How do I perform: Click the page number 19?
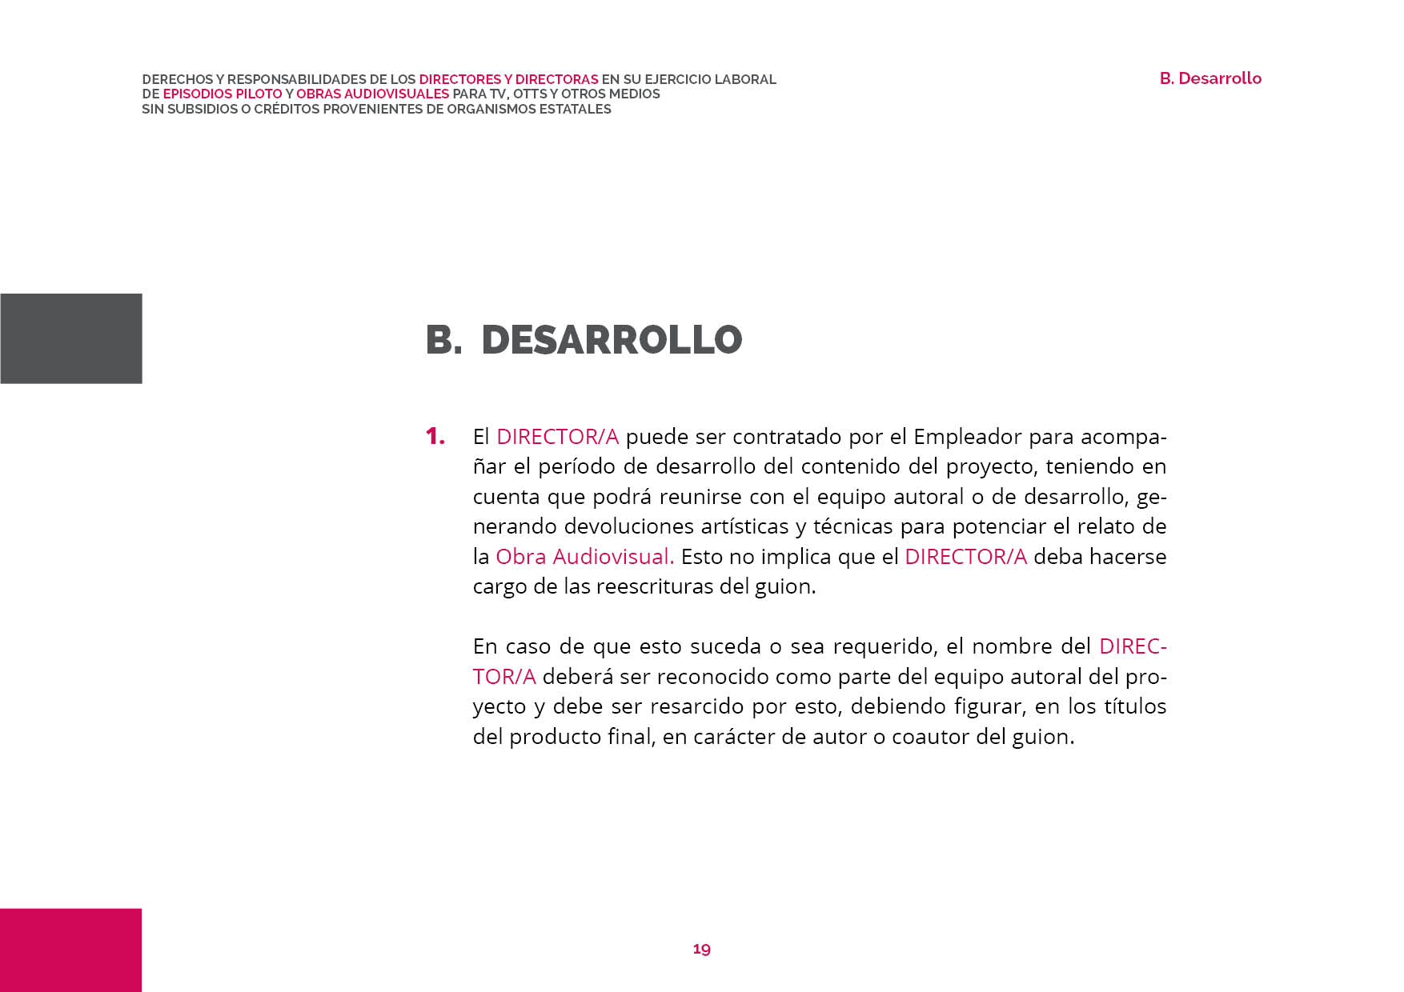[701, 949]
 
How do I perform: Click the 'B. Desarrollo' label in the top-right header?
[1210, 78]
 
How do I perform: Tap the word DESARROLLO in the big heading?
[612, 340]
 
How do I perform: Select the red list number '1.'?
[435, 437]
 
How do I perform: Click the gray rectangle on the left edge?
[70, 338]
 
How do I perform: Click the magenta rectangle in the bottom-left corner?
[70, 950]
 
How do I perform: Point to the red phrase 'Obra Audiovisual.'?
[584, 557]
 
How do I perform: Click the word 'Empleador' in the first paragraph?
[967, 437]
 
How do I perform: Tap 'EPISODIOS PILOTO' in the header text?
[223, 94]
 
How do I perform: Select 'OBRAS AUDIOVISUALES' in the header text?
[372, 94]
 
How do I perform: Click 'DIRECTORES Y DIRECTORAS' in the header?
[508, 80]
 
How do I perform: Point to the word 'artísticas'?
[744, 526]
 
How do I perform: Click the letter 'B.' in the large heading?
[443, 340]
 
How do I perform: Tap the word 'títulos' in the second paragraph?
[1135, 706]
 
